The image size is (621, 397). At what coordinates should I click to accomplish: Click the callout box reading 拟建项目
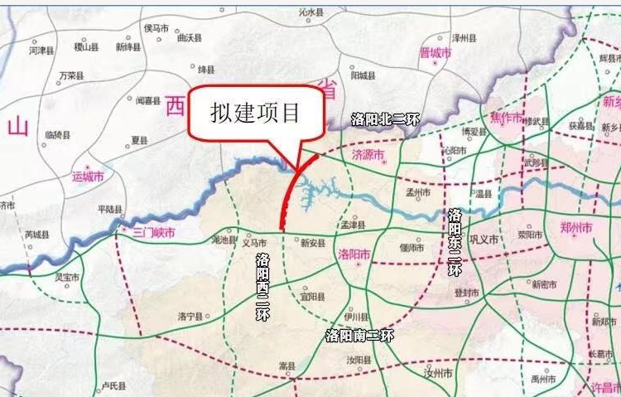pyautogui.click(x=255, y=114)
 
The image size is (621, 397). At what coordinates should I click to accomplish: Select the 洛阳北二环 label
pyautogui.click(x=385, y=119)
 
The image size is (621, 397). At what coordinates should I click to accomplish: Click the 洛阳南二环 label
pyautogui.click(x=359, y=336)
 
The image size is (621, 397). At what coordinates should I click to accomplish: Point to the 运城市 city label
pyautogui.click(x=89, y=177)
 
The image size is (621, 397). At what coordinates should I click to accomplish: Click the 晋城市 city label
pyautogui.click(x=436, y=53)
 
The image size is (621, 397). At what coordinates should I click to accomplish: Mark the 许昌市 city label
pyautogui.click(x=603, y=388)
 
